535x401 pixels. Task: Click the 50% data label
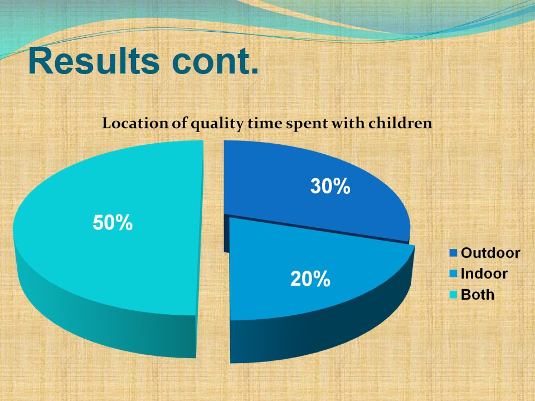pyautogui.click(x=113, y=223)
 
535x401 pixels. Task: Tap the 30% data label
pyautogui.click(x=330, y=187)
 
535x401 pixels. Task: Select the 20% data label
pyautogui.click(x=310, y=279)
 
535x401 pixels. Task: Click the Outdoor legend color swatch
pyautogui.click(x=454, y=253)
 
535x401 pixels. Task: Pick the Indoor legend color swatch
pyautogui.click(x=454, y=274)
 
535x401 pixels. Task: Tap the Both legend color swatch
pyautogui.click(x=454, y=295)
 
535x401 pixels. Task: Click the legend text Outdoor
pyautogui.click(x=490, y=253)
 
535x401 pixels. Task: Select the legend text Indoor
pyautogui.click(x=484, y=274)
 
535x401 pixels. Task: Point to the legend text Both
pyautogui.click(x=478, y=295)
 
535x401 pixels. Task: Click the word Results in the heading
pyautogui.click(x=94, y=61)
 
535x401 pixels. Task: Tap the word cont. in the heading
pyautogui.click(x=216, y=62)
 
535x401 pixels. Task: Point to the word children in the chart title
pyautogui.click(x=400, y=123)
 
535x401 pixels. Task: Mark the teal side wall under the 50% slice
pyautogui.click(x=103, y=321)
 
